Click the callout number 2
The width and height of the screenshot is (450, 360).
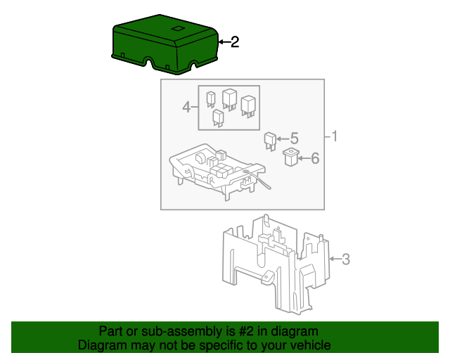[x=235, y=42]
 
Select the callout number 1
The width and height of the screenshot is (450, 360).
[x=335, y=136]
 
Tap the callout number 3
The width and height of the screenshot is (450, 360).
[x=345, y=259]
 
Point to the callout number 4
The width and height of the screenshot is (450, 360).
[x=186, y=108]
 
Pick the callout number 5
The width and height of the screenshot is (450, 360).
[x=294, y=139]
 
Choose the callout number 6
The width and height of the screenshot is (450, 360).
[x=314, y=159]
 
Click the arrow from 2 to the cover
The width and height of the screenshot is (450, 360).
[x=223, y=42]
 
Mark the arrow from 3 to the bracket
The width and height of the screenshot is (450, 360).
[x=334, y=259]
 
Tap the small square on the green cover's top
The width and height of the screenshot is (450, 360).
[x=177, y=29]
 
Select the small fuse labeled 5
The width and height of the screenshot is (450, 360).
[x=270, y=139]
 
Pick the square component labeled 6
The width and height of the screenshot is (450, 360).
[x=290, y=156]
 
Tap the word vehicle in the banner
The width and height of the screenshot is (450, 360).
[x=310, y=345]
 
